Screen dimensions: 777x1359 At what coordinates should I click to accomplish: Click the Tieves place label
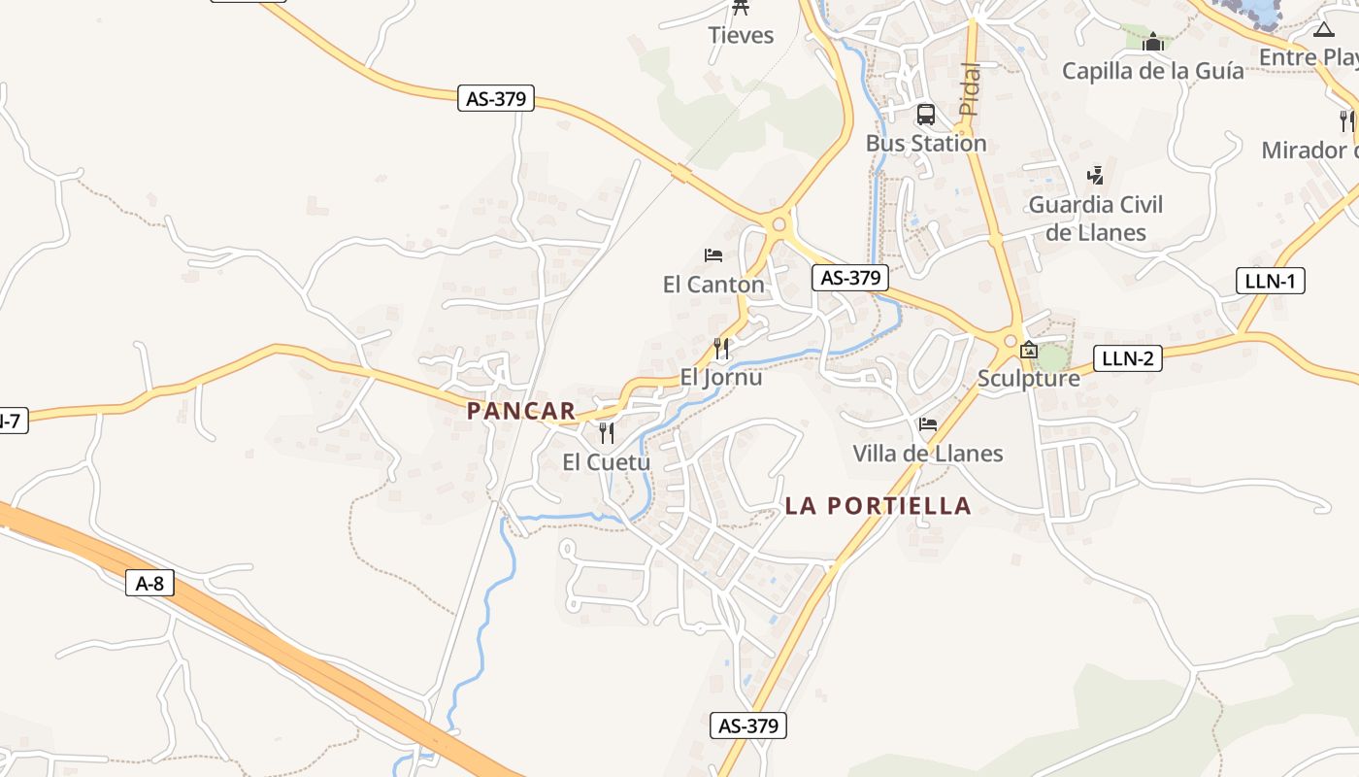[741, 35]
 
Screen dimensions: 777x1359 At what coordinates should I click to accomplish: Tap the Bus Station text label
[925, 143]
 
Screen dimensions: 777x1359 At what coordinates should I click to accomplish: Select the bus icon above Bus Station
[926, 115]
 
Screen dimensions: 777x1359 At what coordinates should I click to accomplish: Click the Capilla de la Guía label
[1152, 70]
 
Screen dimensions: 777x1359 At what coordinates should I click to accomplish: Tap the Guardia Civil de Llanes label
[1095, 219]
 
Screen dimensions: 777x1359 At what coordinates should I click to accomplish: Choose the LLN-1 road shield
[1271, 282]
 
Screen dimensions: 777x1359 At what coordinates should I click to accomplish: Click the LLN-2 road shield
[1127, 357]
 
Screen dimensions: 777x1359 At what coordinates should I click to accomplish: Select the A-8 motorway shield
[149, 583]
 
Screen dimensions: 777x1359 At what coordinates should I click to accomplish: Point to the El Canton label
[713, 285]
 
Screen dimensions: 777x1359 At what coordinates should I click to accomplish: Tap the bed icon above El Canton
[713, 255]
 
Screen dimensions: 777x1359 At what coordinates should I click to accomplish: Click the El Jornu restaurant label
[720, 377]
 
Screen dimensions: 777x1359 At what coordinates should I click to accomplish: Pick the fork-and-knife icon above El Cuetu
[607, 432]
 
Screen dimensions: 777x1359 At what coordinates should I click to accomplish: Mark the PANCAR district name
[521, 411]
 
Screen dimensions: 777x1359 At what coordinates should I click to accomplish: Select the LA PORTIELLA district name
[878, 505]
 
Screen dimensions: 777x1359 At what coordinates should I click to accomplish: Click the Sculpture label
[1028, 378]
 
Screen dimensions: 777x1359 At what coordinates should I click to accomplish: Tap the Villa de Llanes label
[927, 454]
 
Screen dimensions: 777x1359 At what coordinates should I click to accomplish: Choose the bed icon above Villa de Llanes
[928, 424]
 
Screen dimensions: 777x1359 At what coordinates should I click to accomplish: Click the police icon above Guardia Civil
[1096, 176]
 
